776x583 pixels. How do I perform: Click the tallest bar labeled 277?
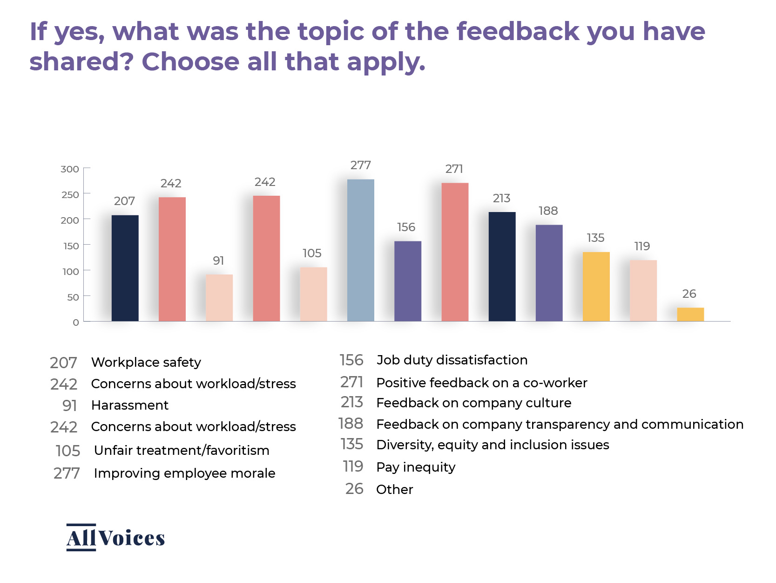[x=360, y=250]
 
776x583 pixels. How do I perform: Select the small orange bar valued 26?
[x=690, y=315]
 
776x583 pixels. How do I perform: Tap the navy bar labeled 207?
[x=125, y=268]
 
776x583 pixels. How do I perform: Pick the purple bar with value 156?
[x=407, y=281]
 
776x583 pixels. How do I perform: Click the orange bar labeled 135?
[x=596, y=287]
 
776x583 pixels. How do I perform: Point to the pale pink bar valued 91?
[x=219, y=298]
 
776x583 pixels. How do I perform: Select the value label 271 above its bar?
[x=454, y=169]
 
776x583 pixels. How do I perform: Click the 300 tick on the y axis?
[x=70, y=169]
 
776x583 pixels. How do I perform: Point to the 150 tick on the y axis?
[x=71, y=246]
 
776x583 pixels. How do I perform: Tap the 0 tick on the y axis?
[x=75, y=322]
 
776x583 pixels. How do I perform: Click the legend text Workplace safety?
[x=146, y=362]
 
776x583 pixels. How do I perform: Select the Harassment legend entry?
[x=129, y=405]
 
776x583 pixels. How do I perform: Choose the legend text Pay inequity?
[x=416, y=467]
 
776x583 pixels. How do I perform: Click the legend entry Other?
[x=394, y=489]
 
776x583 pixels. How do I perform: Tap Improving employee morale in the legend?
[x=184, y=473]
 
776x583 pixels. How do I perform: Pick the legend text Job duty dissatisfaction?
[x=452, y=360]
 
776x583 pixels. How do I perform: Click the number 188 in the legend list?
[x=351, y=424]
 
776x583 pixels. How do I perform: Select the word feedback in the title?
[x=517, y=31]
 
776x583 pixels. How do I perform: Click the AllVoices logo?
[x=115, y=537]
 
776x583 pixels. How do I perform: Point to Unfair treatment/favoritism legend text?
[x=182, y=450]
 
